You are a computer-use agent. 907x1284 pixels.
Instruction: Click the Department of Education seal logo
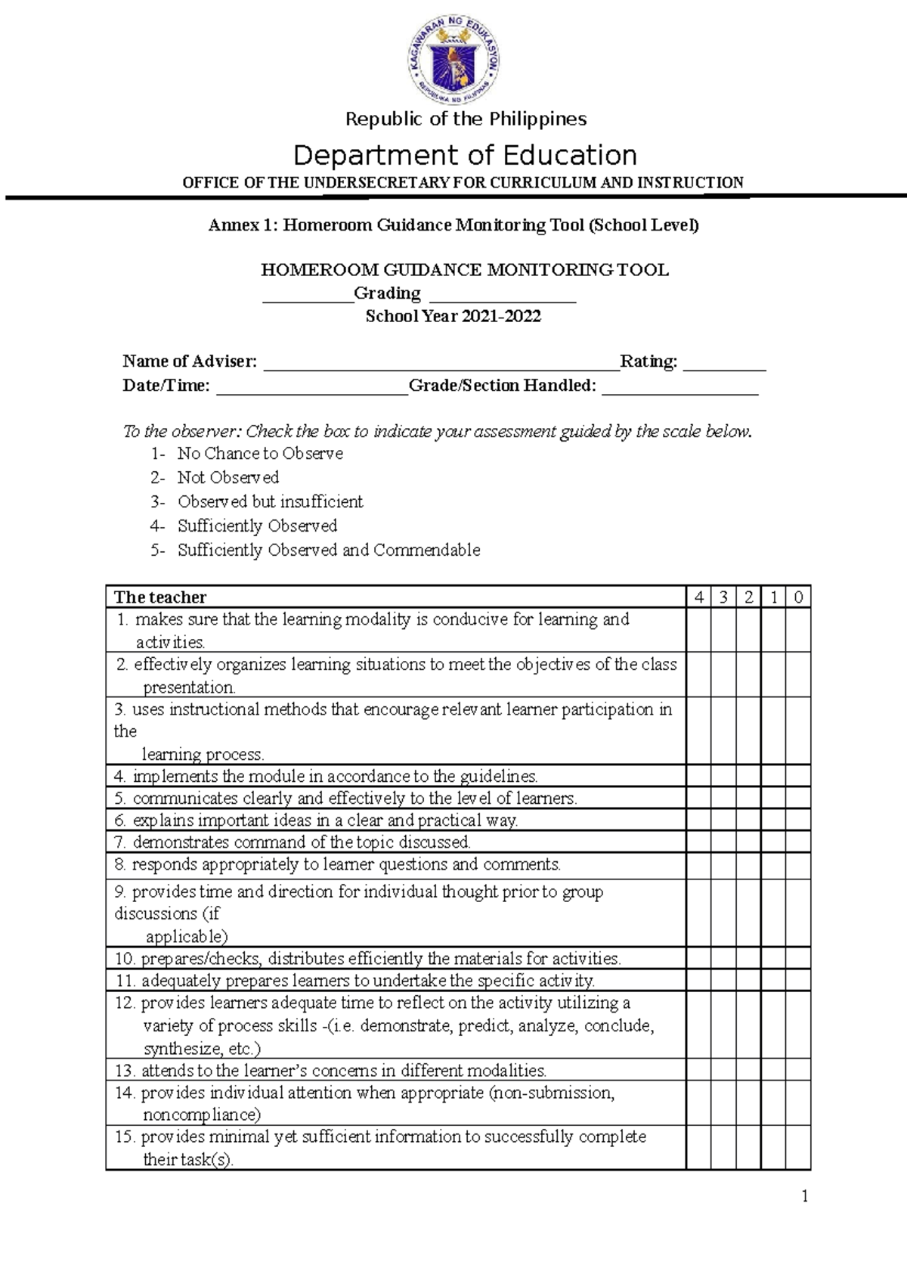pyautogui.click(x=454, y=61)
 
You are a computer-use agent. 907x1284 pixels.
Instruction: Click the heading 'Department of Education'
pyautogui.click(x=465, y=155)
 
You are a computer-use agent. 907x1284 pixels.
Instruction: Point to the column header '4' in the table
pyautogui.click(x=699, y=597)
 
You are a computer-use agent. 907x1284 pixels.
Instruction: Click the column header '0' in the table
pyautogui.click(x=798, y=597)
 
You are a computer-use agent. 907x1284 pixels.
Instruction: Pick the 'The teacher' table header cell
pyautogui.click(x=160, y=597)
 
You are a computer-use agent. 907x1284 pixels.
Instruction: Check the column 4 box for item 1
pyautogui.click(x=699, y=631)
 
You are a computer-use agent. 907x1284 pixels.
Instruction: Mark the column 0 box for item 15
pyautogui.click(x=798, y=1147)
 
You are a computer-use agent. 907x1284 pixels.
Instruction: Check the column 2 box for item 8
pyautogui.click(x=748, y=865)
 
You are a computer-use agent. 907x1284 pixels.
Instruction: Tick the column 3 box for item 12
pyautogui.click(x=723, y=1025)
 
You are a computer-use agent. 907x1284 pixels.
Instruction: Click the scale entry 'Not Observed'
pyautogui.click(x=228, y=478)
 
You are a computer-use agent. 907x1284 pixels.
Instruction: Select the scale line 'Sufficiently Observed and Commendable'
pyautogui.click(x=328, y=551)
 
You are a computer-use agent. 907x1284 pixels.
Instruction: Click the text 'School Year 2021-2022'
pyautogui.click(x=453, y=317)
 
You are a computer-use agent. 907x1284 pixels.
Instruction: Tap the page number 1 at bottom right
pyautogui.click(x=805, y=1196)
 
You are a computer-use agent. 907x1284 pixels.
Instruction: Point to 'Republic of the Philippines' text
pyautogui.click(x=466, y=119)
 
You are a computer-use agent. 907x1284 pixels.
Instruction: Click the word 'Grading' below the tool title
pyautogui.click(x=387, y=293)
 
